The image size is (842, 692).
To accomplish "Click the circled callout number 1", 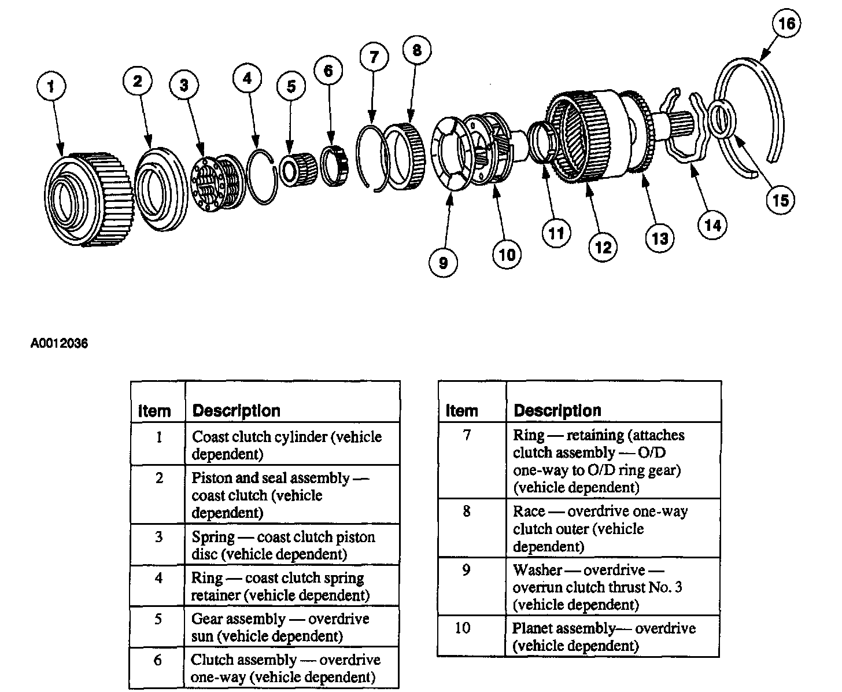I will coord(51,86).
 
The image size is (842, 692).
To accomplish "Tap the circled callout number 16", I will coord(787,24).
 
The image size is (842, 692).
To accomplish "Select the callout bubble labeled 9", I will coord(444,263).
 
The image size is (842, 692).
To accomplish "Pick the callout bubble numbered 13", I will coord(660,238).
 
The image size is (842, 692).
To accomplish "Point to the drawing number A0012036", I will coord(59,344).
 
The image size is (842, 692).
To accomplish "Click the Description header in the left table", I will coord(236,411).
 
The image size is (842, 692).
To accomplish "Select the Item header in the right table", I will coord(461,411).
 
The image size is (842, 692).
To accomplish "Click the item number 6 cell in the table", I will coord(157,660).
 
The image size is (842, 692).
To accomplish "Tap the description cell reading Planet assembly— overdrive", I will coord(604,636).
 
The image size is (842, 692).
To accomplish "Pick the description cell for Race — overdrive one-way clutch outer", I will coord(600,528).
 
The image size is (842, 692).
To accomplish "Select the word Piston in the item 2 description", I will coord(211,478).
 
